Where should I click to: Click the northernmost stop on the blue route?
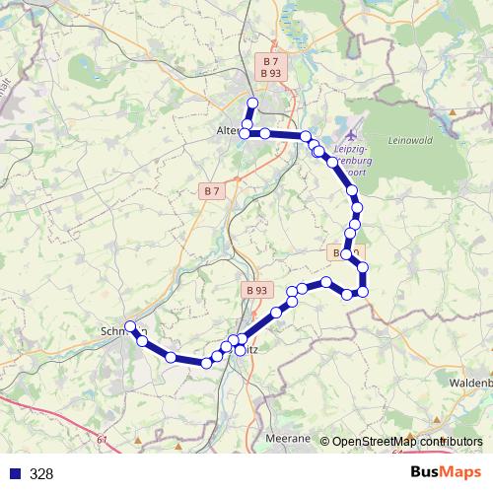click(x=252, y=103)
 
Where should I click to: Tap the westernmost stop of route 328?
click(x=130, y=326)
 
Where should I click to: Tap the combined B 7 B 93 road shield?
click(x=271, y=67)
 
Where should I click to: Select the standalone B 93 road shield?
click(x=255, y=290)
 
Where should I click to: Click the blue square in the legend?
click(x=15, y=473)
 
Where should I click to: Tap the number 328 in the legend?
click(x=41, y=473)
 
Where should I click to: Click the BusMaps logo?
click(x=446, y=472)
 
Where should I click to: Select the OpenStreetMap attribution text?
click(x=407, y=441)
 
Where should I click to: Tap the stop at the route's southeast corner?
click(x=363, y=291)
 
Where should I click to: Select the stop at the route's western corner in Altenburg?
click(x=246, y=133)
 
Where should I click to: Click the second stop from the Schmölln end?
click(x=143, y=340)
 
